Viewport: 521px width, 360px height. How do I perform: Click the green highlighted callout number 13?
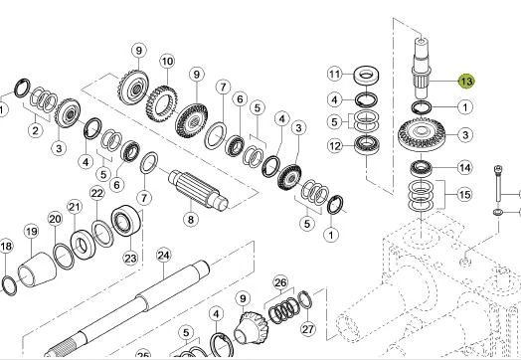466,82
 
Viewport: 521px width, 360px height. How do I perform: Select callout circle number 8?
190,220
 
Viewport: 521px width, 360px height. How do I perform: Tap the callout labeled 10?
167,62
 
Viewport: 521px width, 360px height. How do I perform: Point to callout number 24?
163,255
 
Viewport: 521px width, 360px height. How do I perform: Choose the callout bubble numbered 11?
335,74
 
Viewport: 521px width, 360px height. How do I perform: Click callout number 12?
335,145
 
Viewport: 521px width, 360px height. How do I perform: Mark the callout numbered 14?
465,167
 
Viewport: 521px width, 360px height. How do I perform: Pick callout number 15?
464,194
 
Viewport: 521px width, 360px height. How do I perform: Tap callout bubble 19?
31,232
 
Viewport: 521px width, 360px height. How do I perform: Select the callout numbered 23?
130,258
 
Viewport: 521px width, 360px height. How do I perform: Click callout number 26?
280,282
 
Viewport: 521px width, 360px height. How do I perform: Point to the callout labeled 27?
307,329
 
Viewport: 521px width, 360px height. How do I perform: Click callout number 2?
35,130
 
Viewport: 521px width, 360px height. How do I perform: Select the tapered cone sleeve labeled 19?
37,270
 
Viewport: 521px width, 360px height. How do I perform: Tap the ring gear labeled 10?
161,103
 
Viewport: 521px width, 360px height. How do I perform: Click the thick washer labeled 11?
366,77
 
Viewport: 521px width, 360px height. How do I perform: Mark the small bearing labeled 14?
422,168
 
